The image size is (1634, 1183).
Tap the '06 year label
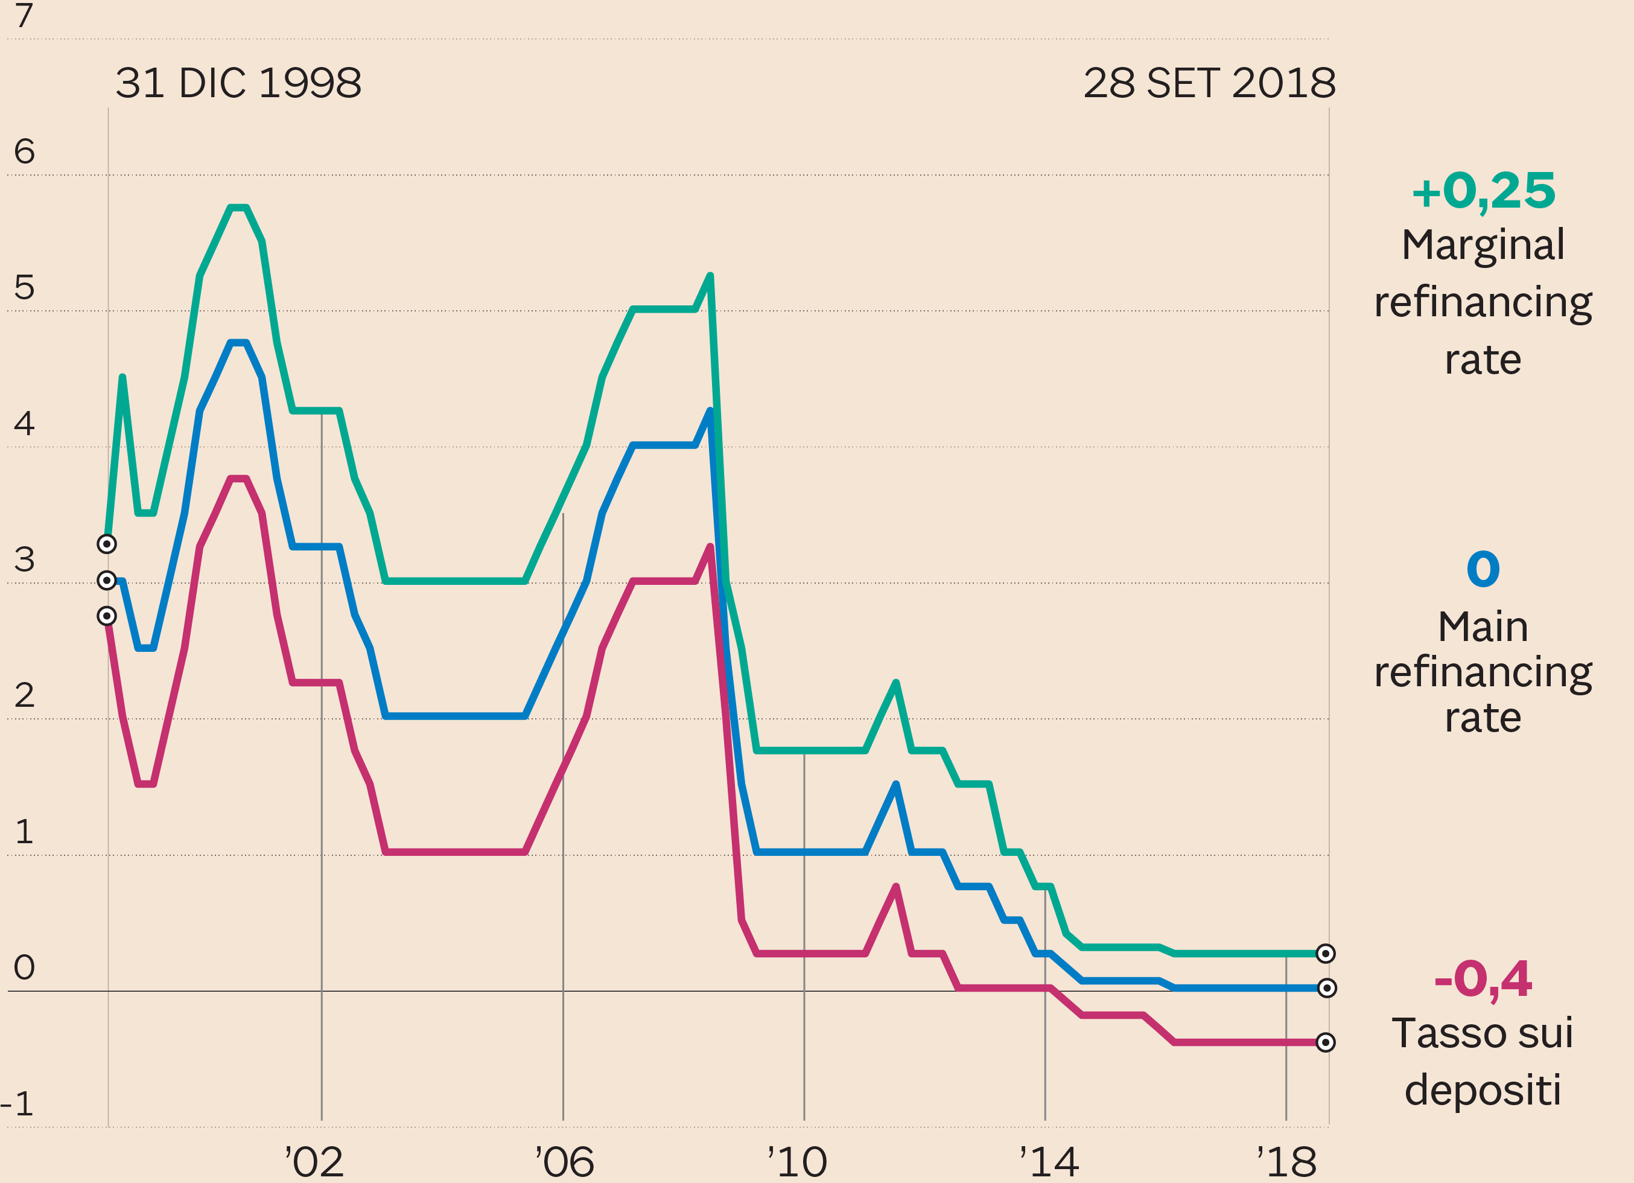point(564,1162)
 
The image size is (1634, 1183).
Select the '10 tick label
point(797,1162)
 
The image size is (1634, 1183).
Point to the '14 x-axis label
point(1049,1162)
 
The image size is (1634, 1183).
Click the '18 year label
point(1286,1162)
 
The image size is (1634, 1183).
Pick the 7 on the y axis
point(24,16)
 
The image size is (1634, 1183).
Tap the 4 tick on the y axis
point(24,424)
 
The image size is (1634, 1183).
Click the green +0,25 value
point(1483,192)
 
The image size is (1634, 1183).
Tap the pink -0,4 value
point(1483,979)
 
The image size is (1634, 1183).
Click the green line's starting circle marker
point(107,544)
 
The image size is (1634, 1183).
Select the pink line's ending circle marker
point(1326,1042)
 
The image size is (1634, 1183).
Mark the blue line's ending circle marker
point(1326,988)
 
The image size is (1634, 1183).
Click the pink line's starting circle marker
point(107,616)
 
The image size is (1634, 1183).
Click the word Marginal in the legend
point(1483,246)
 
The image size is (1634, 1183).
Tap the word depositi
point(1483,1090)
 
